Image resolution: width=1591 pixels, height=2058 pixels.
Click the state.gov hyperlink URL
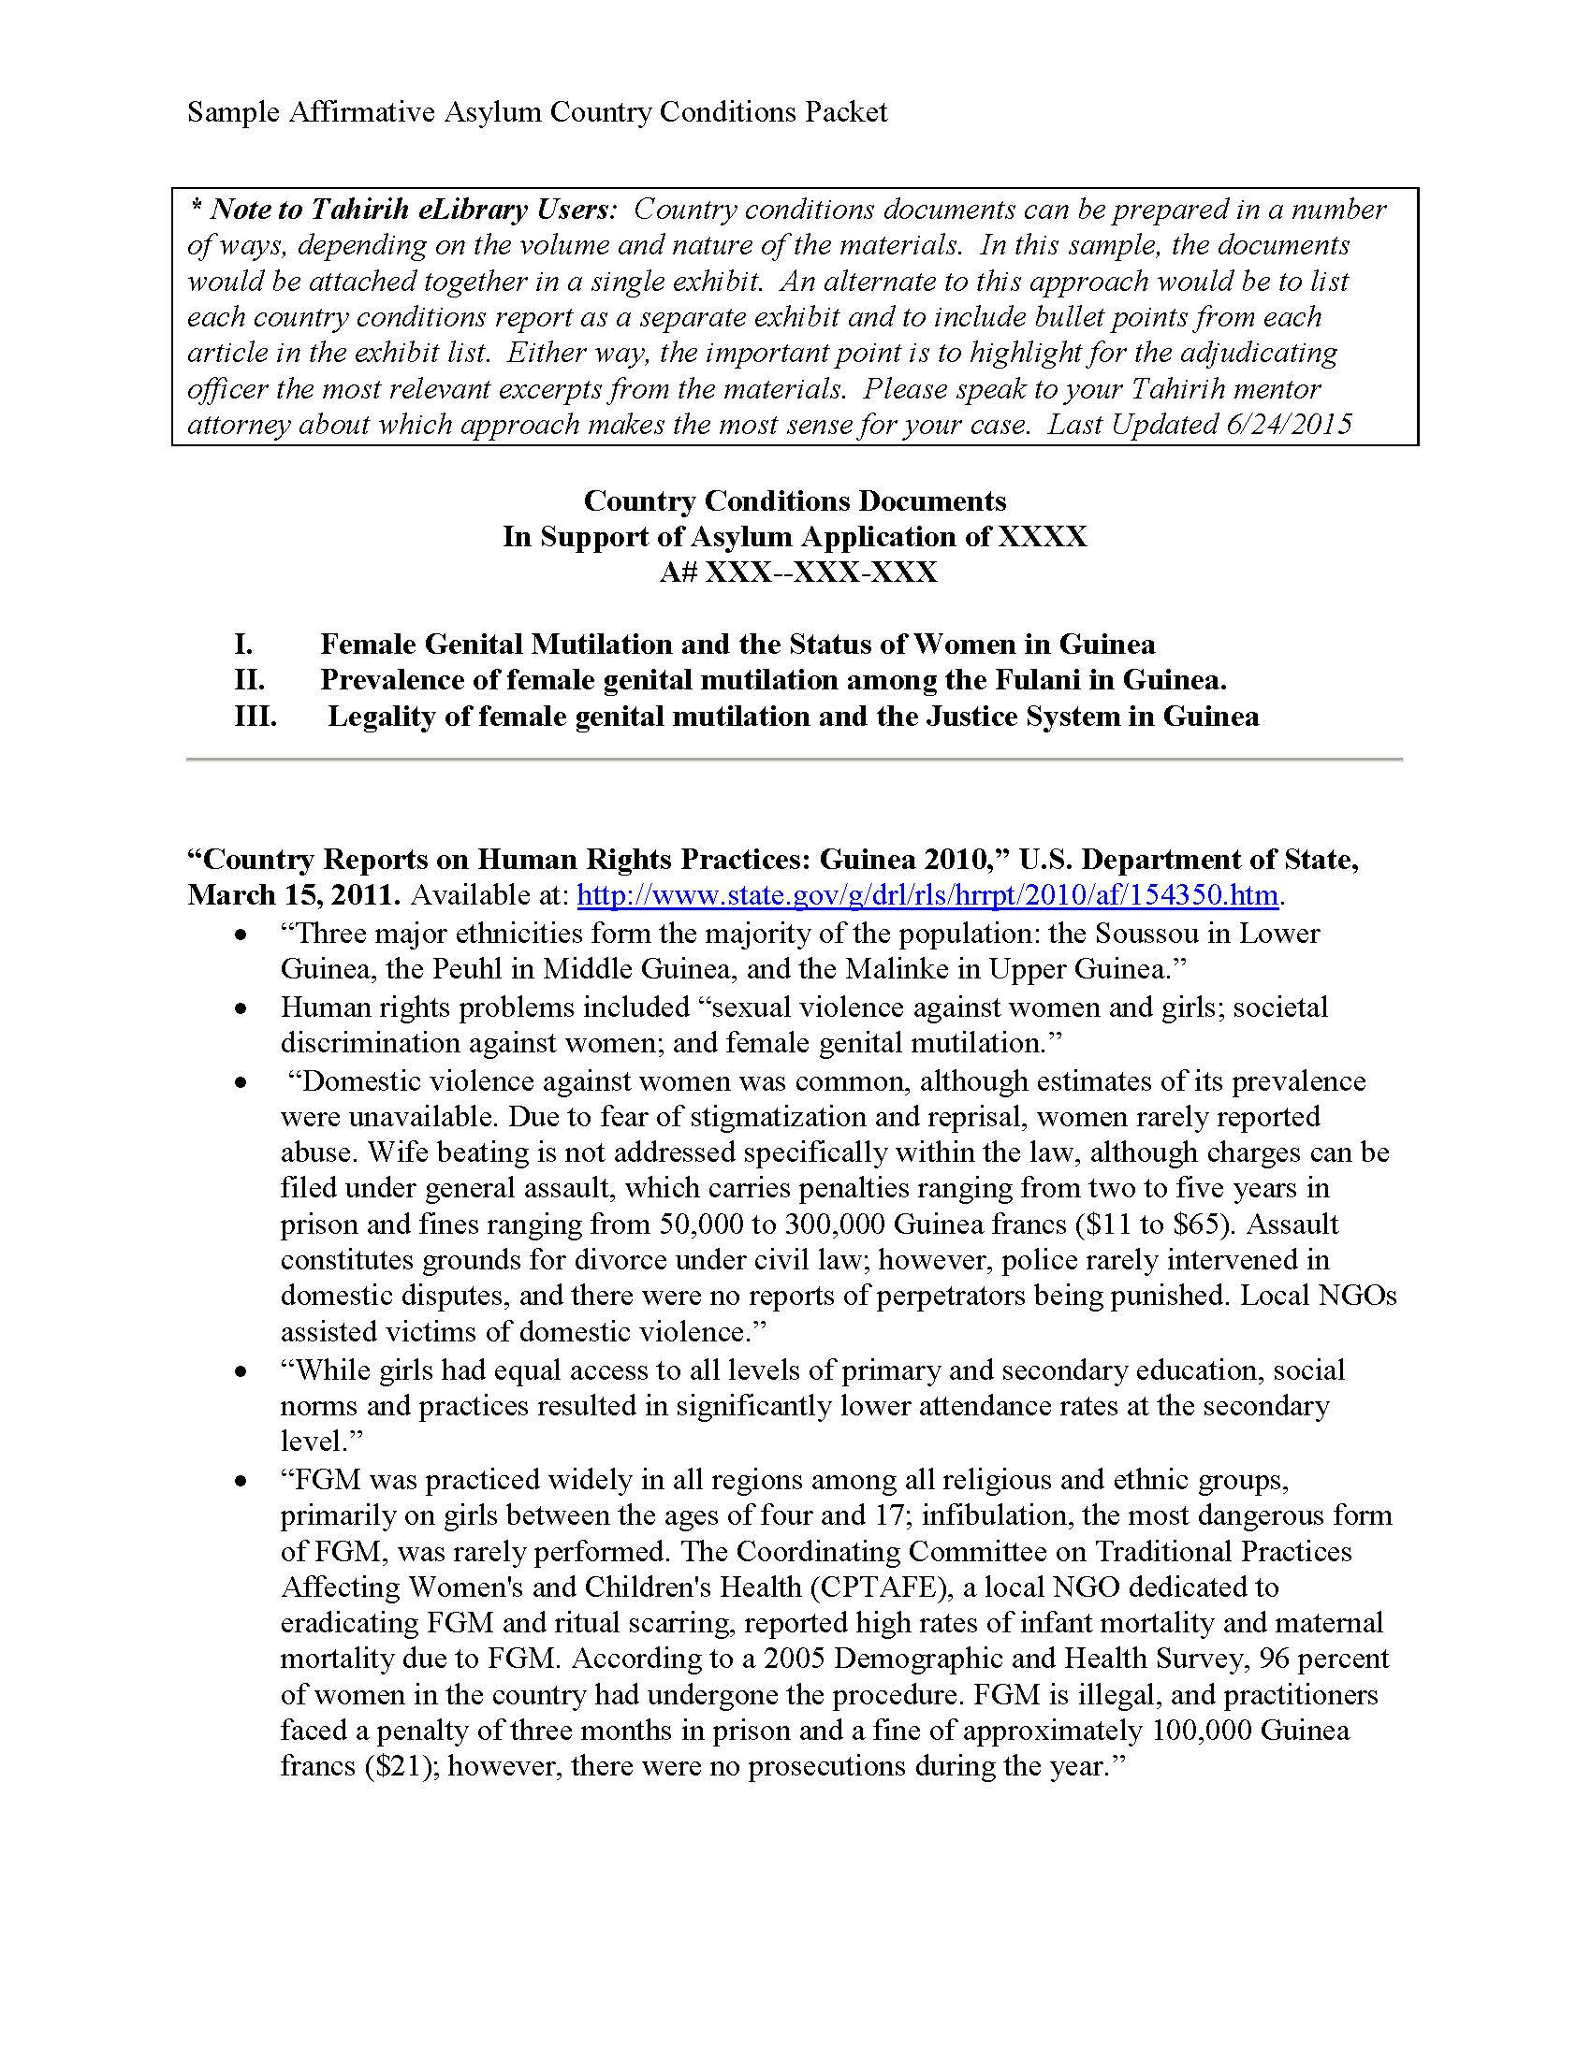[927, 894]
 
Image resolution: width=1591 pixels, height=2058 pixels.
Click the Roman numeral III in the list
[255, 717]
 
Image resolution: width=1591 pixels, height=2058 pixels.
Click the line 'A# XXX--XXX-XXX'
[797, 572]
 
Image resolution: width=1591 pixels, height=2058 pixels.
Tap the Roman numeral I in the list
[243, 644]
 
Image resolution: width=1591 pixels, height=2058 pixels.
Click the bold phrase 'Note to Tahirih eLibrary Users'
[412, 210]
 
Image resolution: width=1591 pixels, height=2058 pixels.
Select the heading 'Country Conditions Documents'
[795, 500]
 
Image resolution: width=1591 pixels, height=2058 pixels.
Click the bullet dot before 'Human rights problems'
[243, 1009]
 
